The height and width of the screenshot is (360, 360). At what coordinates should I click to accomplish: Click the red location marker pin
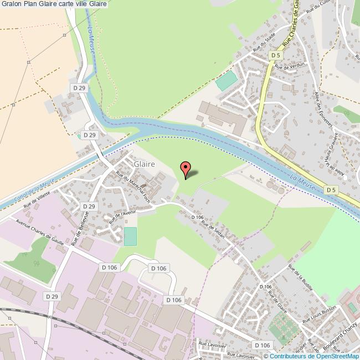[186, 169]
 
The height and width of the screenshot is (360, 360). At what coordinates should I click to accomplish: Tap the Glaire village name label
[143, 164]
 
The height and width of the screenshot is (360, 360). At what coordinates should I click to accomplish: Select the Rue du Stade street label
[264, 43]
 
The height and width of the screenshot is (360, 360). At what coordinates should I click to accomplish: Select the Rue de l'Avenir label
[124, 214]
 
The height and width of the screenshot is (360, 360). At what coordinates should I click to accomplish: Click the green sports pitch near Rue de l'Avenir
[130, 236]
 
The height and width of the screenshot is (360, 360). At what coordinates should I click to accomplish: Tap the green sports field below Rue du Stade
[225, 81]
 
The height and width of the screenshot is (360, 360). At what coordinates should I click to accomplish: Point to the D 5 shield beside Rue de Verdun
[276, 55]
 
